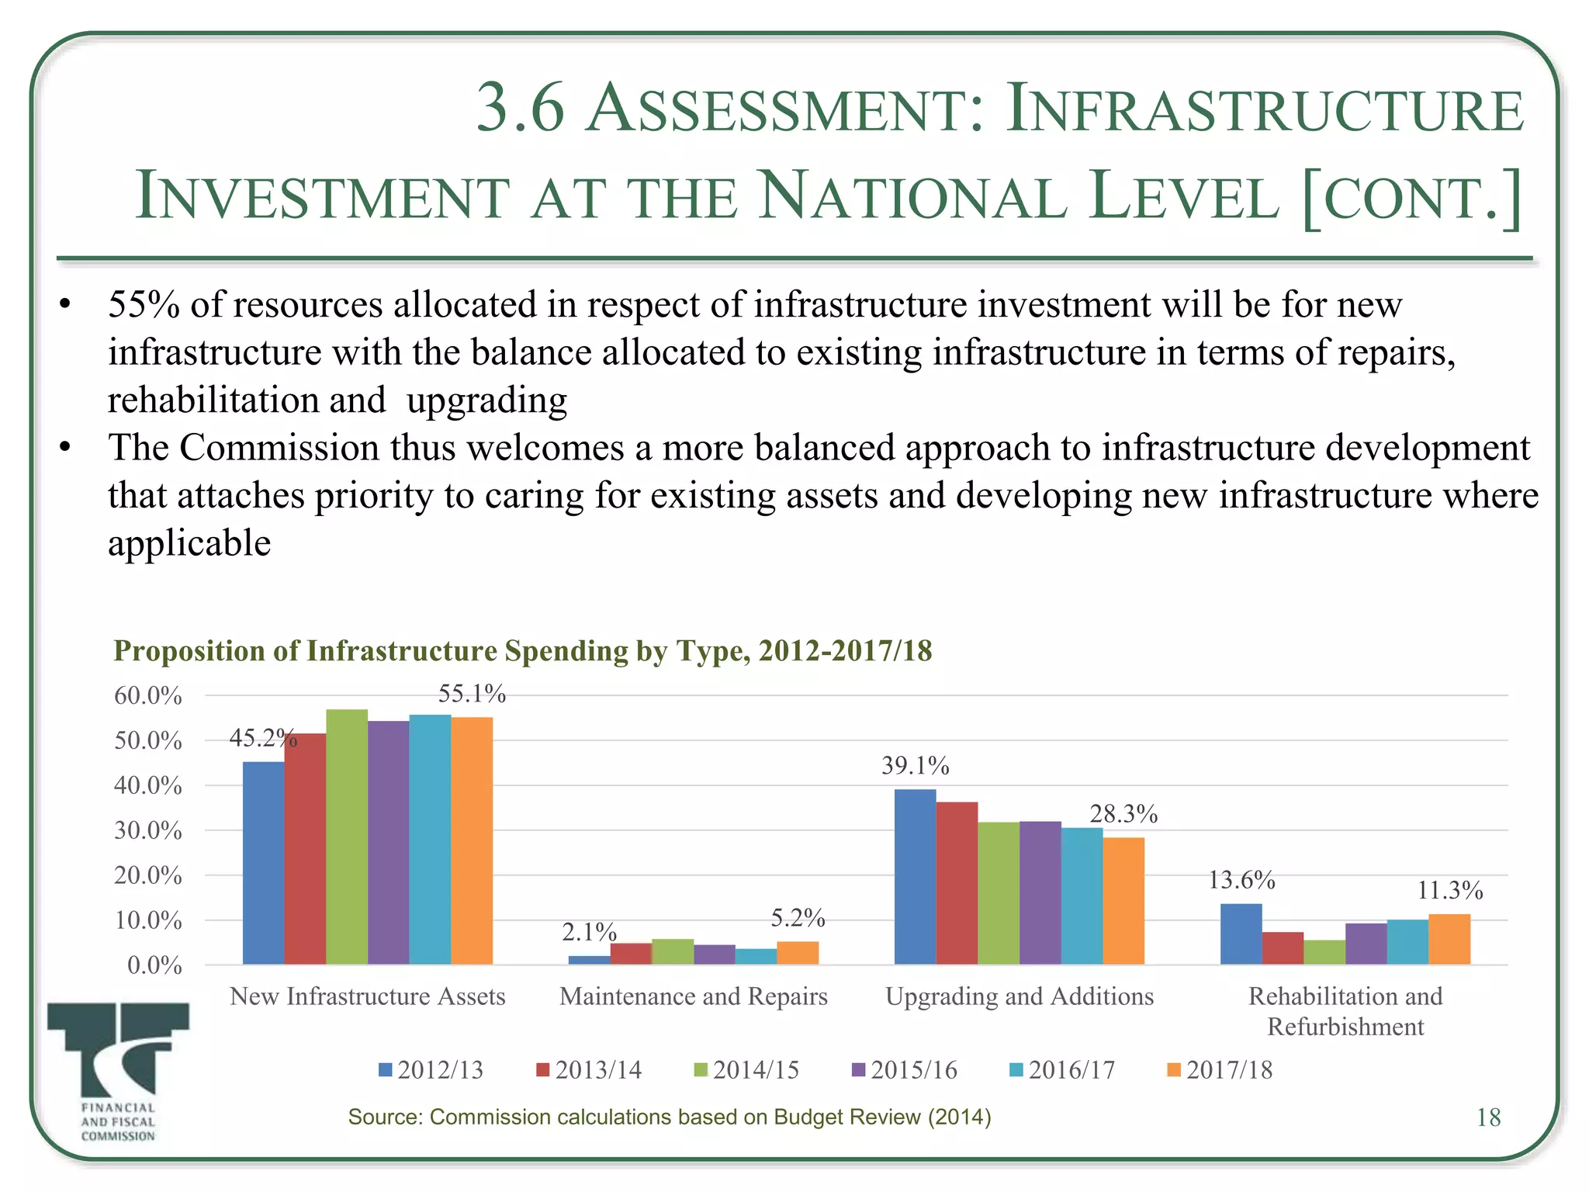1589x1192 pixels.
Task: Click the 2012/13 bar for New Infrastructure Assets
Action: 263,863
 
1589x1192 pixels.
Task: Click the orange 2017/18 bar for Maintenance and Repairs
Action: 798,952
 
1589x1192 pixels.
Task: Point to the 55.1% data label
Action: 472,693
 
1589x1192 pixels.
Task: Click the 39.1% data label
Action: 915,766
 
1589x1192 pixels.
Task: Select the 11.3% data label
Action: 1449,890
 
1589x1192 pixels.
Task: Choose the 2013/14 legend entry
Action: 590,1070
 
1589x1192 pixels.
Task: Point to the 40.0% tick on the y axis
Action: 148,785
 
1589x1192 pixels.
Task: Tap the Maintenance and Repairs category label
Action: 693,996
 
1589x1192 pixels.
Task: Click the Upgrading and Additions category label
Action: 1019,996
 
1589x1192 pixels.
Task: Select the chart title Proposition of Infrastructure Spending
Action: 522,650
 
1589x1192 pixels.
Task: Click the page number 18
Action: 1487,1117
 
